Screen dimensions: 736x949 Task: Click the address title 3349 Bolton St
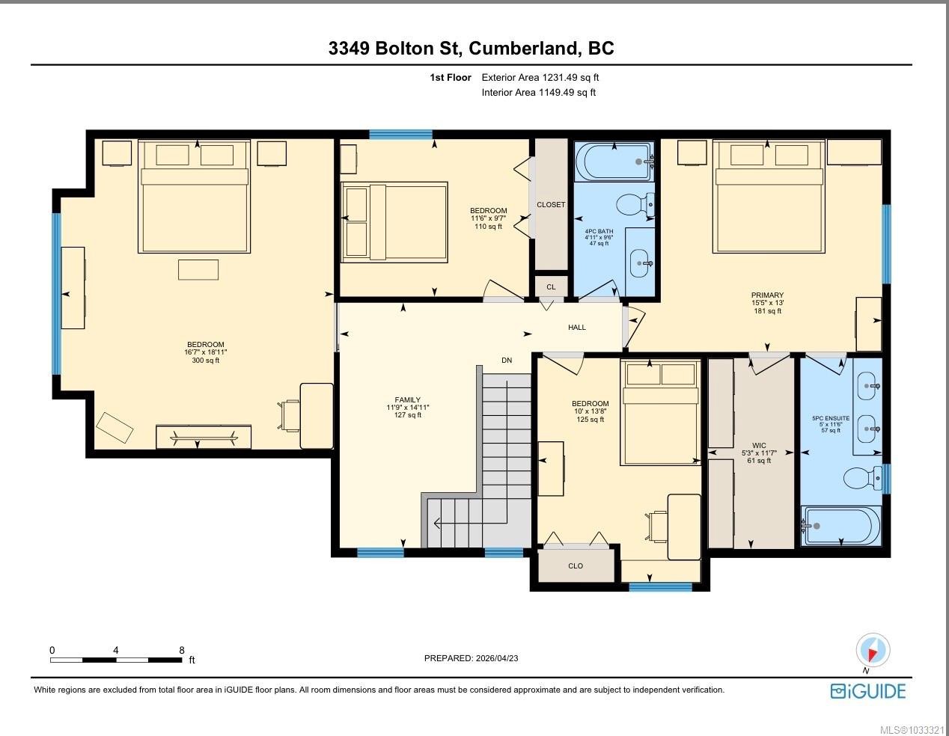coord(471,49)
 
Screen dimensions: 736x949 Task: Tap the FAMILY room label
coord(408,400)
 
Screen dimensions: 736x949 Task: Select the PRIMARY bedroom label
coord(767,295)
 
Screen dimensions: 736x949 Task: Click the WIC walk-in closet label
coord(759,446)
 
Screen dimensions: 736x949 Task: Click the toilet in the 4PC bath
coord(636,203)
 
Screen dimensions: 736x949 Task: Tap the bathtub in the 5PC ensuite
coord(840,526)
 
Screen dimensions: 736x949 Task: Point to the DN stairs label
coord(507,361)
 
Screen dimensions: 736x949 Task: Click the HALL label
coord(577,328)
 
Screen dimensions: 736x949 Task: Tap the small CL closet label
coord(551,286)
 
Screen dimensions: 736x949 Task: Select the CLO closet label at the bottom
coord(576,566)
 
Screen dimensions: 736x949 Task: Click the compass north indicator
coord(872,650)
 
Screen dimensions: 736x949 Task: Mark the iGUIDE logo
coord(868,690)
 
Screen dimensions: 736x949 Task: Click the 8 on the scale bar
coord(182,651)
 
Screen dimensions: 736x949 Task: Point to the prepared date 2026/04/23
coord(472,658)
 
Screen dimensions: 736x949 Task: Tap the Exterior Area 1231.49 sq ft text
coord(540,77)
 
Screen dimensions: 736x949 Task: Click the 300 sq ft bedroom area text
coord(206,361)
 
